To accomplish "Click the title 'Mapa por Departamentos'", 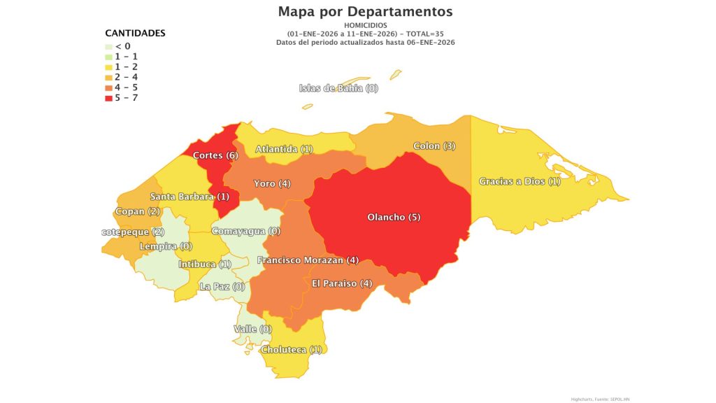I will point(365,12).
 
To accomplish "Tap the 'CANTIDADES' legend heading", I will point(135,33).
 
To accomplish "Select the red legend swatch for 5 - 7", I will point(109,97).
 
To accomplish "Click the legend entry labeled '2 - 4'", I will point(126,77).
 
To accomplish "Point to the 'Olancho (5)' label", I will point(394,217).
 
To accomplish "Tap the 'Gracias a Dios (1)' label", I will point(520,182).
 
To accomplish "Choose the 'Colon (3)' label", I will point(434,146).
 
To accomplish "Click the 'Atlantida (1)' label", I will point(284,149).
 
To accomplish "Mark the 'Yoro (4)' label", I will point(272,183).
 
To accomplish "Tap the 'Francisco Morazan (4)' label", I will point(308,260).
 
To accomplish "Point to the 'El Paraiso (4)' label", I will point(342,283).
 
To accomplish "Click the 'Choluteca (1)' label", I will point(291,350).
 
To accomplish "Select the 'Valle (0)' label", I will point(252,329).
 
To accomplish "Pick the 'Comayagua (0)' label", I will point(245,231).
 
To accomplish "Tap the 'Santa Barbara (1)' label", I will point(189,197).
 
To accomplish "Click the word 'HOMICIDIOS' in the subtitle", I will point(365,25).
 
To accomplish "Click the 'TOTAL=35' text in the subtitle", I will point(422,34).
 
